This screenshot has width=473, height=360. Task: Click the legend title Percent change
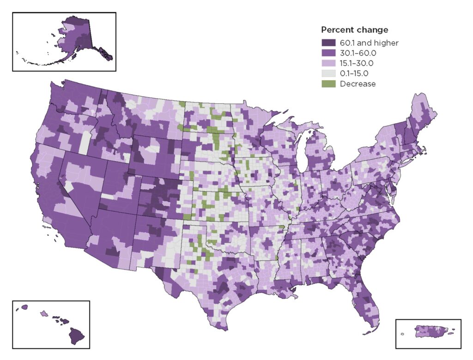[354, 30]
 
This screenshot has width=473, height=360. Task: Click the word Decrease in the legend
[358, 84]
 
